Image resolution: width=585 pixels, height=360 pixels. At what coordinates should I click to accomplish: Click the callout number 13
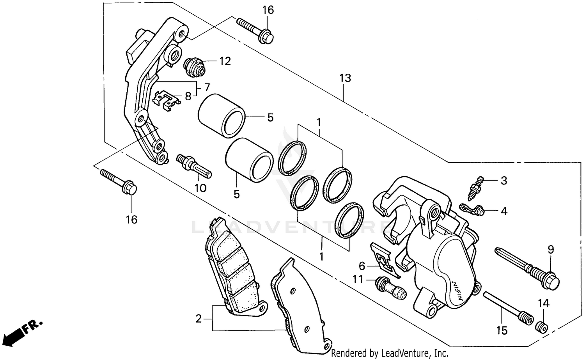coord(345,78)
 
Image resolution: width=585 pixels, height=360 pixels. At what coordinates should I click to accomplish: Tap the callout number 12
coord(225,61)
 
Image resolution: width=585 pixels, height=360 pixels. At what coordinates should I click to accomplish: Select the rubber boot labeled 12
coord(194,67)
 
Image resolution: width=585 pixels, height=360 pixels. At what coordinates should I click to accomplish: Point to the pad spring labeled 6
coord(384,259)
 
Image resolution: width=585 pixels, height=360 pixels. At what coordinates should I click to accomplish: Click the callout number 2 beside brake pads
coord(199,319)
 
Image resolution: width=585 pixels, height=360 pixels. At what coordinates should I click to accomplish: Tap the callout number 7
coord(207,87)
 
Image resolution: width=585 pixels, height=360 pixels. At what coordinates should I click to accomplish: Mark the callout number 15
coord(502,331)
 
